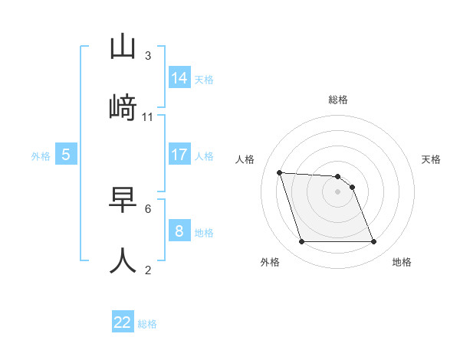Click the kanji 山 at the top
[x=123, y=47]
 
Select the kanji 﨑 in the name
[x=123, y=109]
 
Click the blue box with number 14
[x=179, y=77]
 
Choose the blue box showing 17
[x=179, y=155]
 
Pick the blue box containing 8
[x=179, y=231]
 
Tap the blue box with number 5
[x=66, y=155]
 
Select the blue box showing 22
[x=123, y=322]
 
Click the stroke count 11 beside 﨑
[x=148, y=117]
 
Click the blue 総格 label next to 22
[x=147, y=324]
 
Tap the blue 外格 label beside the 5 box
[x=41, y=156]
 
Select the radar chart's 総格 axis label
[x=338, y=100]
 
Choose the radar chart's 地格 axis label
[x=402, y=262]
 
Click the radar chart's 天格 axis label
[x=432, y=159]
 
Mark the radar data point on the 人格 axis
[x=280, y=172]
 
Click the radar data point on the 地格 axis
[x=373, y=242]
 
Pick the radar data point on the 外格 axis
[x=301, y=242]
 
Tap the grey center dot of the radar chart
[x=337, y=191]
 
